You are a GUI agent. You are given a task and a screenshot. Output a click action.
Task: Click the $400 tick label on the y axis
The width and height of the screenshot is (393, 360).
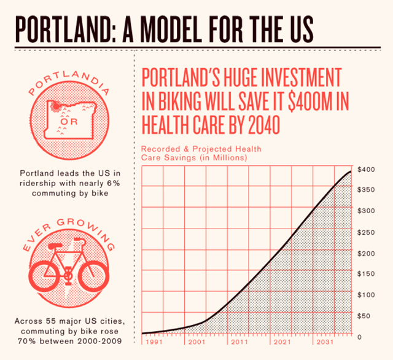tap(366, 170)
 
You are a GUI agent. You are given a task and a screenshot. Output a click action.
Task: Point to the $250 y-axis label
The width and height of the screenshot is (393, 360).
tap(366, 232)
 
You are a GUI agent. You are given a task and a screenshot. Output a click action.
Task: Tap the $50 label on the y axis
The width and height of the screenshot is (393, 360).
tap(364, 316)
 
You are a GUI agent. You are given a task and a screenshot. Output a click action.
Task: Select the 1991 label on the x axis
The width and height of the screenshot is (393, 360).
tap(154, 342)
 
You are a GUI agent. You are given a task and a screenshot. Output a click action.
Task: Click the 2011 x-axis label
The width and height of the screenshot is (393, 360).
tap(239, 342)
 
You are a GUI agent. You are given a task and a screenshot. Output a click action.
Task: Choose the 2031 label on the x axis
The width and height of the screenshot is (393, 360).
tap(325, 342)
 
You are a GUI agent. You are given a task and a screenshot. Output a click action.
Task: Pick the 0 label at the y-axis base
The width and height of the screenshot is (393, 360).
tap(359, 337)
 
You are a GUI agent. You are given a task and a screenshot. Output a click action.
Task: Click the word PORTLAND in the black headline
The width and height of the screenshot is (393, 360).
tap(63, 29)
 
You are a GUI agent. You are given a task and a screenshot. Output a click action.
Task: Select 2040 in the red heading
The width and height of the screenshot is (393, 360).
tap(263, 125)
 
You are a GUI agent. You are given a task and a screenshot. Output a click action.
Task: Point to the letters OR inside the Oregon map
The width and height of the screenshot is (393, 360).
tap(69, 122)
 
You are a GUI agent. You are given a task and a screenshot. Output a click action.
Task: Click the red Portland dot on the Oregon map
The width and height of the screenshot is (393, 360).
tap(56, 106)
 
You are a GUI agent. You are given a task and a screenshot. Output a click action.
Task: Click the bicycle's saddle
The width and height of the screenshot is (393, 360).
tap(55, 246)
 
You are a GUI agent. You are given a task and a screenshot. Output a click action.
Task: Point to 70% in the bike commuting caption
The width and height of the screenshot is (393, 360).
tap(26, 341)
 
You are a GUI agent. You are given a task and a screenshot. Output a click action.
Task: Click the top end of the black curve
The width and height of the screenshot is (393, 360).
tap(351, 172)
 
